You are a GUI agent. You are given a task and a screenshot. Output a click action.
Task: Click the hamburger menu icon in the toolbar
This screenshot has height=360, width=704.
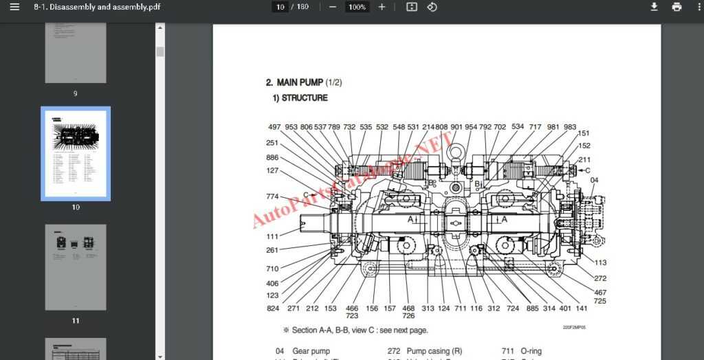pos(14,7)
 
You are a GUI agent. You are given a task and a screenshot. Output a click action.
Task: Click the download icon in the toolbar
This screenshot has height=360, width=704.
pos(654,7)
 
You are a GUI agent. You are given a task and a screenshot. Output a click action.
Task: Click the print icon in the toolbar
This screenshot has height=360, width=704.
pos(676,7)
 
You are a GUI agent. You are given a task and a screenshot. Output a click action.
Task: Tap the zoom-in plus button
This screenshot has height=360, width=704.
pos(382,7)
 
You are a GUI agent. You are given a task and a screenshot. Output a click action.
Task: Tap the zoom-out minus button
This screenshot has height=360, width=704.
pos(333,7)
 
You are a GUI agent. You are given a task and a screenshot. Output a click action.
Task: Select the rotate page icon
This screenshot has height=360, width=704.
pos(432,7)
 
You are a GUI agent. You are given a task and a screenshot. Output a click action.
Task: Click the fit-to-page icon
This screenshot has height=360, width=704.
pos(411,7)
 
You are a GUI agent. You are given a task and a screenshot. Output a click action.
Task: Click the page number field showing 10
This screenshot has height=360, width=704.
pos(280,7)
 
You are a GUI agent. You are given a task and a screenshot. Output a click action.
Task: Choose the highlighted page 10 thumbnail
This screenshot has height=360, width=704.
pos(76,153)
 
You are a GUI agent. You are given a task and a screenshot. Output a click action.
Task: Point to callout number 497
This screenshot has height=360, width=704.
pos(274,127)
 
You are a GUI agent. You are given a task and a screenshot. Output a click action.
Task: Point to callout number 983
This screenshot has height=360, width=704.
pos(570,127)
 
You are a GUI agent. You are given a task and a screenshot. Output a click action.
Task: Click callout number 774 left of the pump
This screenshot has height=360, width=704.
pos(272,196)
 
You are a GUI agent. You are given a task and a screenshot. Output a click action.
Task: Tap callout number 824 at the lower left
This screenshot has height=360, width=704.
pos(273,308)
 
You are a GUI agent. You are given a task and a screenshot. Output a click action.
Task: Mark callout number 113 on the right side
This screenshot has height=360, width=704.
pos(600,262)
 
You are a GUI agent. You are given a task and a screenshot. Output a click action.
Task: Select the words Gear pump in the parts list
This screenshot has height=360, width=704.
pos(311,351)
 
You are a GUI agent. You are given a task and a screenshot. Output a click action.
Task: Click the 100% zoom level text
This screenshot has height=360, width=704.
pos(357,7)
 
